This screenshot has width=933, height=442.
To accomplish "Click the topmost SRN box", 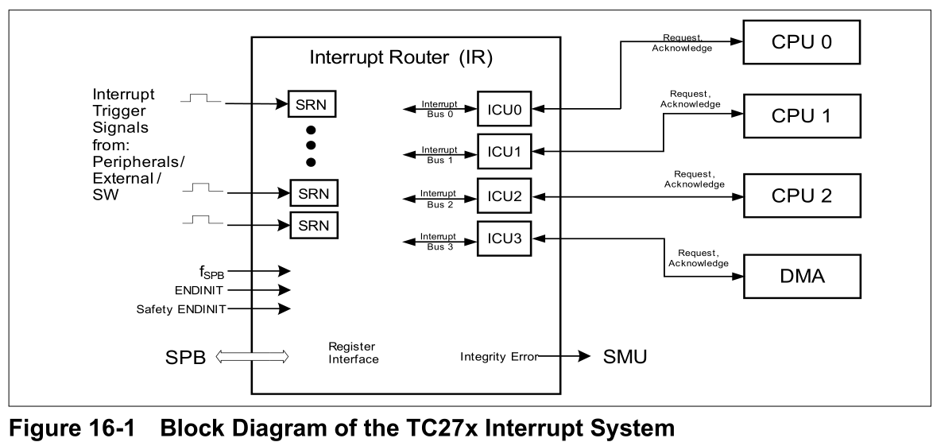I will click(x=312, y=103).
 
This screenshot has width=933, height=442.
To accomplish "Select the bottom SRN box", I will click(x=312, y=224).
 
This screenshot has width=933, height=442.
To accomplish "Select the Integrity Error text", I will click(x=498, y=357).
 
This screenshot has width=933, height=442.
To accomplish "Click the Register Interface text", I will click(x=353, y=354).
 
